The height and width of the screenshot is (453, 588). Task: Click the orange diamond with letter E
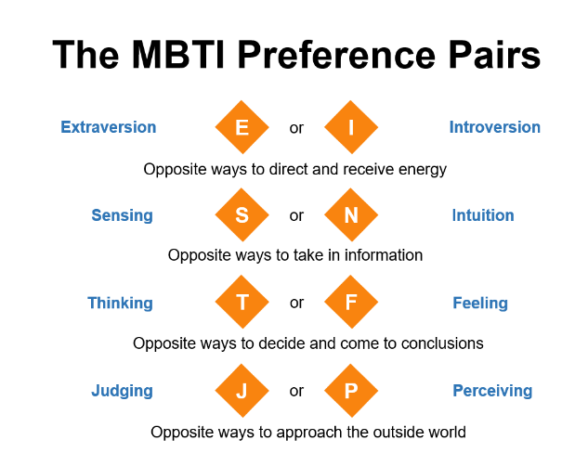pos(242,127)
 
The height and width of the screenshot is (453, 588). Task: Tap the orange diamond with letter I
pos(351,127)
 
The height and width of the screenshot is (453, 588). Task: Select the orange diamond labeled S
pos(242,214)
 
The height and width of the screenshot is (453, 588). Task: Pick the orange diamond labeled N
pos(351,214)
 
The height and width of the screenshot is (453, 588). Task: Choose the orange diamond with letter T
pos(242,302)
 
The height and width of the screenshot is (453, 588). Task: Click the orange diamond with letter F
pos(351,302)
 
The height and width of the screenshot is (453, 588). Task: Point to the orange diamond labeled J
pos(242,391)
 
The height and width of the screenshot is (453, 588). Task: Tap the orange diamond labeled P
pos(351,391)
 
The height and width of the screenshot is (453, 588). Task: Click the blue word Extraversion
pos(109,127)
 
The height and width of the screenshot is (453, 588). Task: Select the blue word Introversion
pos(495,127)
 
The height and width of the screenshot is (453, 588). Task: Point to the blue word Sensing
pos(123,216)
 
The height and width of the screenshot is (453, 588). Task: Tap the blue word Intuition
pos(483,215)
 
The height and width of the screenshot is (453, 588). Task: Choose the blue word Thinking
pos(121,304)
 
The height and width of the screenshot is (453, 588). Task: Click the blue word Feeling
pos(480,304)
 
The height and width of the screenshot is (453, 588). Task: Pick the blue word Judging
pos(123,392)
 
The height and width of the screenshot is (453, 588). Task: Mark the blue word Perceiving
pos(492,392)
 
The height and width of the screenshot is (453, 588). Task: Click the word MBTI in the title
pos(178,55)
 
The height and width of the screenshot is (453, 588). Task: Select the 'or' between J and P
pos(296,391)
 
